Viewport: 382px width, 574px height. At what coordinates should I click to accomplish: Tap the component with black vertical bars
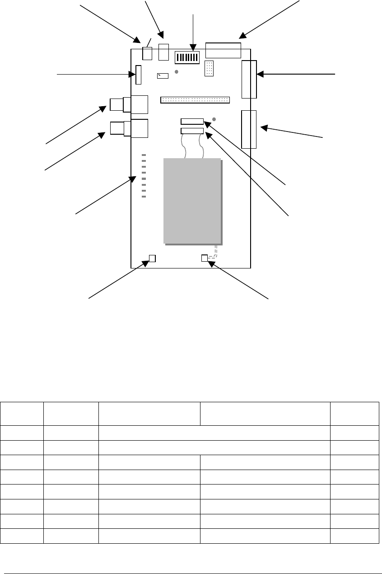(x=187, y=57)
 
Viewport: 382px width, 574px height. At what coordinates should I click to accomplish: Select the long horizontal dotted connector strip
(x=195, y=99)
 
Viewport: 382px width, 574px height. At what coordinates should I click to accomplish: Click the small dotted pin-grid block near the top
(x=209, y=68)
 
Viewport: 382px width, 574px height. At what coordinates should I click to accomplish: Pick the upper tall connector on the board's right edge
(x=249, y=79)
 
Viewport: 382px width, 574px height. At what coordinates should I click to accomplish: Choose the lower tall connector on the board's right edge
(x=249, y=129)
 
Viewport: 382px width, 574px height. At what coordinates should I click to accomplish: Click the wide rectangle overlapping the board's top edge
(x=223, y=50)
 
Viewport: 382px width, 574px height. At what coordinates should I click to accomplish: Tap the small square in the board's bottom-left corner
(x=152, y=259)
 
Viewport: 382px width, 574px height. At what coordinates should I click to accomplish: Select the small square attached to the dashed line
(x=204, y=258)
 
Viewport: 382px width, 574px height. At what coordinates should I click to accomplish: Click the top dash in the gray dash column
(x=144, y=155)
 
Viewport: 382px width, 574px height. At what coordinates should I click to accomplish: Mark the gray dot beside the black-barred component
(x=177, y=71)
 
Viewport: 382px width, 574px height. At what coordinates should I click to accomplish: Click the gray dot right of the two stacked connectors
(x=214, y=119)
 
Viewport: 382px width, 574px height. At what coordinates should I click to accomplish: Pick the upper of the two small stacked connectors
(x=192, y=121)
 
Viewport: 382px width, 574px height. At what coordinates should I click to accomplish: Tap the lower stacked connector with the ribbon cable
(x=192, y=131)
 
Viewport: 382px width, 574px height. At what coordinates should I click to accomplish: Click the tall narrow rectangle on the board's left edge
(x=138, y=75)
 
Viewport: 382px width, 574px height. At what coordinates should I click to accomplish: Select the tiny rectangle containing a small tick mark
(x=163, y=76)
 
